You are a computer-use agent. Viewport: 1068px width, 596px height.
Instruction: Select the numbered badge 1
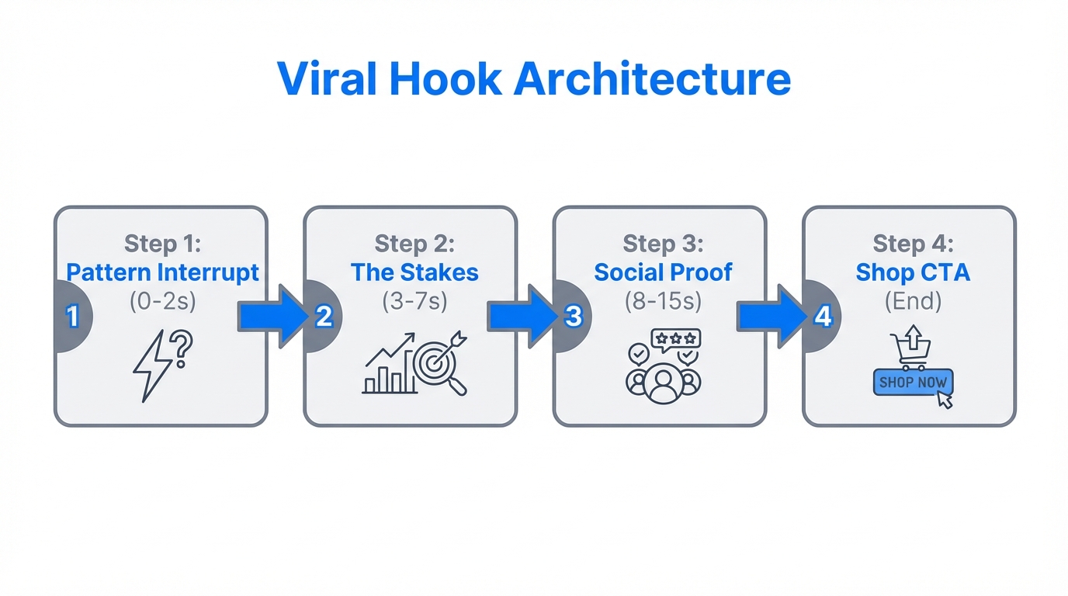click(73, 317)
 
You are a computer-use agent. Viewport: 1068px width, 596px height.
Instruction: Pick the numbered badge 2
click(324, 317)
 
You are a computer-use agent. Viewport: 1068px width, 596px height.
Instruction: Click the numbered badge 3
click(574, 317)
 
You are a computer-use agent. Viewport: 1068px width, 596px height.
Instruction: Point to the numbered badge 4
click(823, 317)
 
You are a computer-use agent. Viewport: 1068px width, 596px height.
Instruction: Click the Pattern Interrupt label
click(162, 272)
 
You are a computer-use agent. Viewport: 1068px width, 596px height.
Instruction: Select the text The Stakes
click(414, 272)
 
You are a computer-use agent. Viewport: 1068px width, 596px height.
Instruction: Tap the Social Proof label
click(663, 272)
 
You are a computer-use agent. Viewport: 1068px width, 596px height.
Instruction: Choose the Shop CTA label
click(913, 272)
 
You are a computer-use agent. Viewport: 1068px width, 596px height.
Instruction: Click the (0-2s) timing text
click(162, 301)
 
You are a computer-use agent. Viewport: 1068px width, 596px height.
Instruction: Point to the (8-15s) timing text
click(663, 301)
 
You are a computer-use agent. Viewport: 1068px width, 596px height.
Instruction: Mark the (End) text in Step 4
click(913, 301)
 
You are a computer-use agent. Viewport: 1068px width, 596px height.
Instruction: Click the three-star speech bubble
click(675, 339)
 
